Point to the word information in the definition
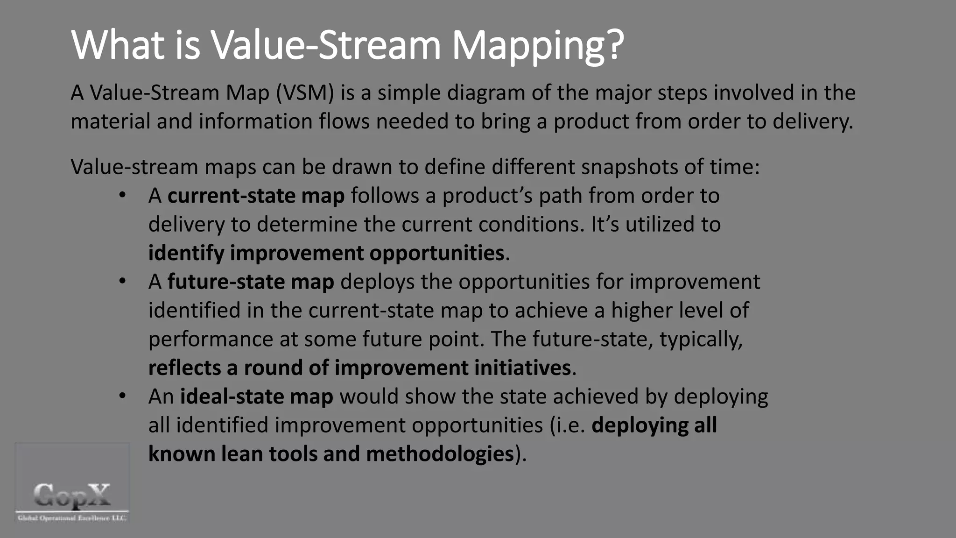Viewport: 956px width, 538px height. tap(255, 121)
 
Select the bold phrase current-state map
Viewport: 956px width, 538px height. tap(256, 195)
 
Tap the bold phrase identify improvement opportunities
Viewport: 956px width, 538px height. tap(326, 253)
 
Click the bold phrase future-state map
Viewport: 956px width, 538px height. tap(251, 282)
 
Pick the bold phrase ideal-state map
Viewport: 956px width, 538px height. tap(256, 396)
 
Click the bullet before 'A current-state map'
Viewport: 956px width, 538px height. tap(122, 195)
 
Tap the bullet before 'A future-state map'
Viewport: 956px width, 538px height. tap(122, 281)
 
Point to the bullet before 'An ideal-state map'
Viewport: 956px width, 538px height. tap(122, 396)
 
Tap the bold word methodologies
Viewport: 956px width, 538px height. tap(440, 454)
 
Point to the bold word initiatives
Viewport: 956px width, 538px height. tap(522, 368)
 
